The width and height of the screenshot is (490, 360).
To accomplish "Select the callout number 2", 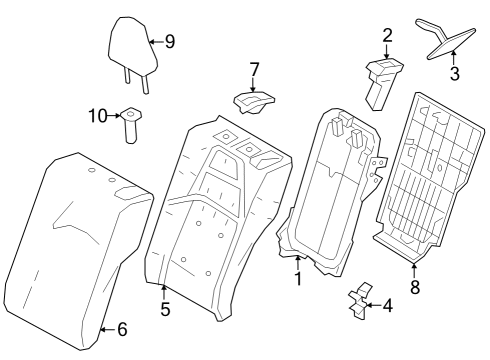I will (386, 36).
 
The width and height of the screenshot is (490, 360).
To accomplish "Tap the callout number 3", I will (454, 73).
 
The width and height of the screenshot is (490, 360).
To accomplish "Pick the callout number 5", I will (165, 309).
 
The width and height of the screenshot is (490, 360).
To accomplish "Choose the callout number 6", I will (122, 329).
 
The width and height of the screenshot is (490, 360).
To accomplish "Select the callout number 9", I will (169, 42).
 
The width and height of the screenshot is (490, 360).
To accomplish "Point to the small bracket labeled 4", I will (356, 304).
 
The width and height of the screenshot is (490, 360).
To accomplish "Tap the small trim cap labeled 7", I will (253, 101).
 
